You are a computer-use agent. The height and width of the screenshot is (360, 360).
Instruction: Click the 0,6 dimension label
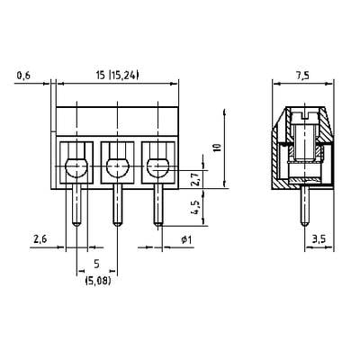pos(23,76)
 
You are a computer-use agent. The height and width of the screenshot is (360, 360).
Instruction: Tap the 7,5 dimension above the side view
pos(303,76)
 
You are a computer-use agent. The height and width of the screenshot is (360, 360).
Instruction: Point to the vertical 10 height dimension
pos(218,148)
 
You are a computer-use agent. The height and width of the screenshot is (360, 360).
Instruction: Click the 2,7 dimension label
pos(195,179)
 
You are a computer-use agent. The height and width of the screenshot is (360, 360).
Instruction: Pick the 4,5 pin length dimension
pos(195,207)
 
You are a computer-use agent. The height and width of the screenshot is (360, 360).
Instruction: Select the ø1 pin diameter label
pos(186,239)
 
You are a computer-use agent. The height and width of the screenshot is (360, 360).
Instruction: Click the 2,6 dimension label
pos(40,239)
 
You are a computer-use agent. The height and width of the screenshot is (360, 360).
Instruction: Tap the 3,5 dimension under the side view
pos(319,239)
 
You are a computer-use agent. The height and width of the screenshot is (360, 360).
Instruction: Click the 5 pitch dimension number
pos(97,264)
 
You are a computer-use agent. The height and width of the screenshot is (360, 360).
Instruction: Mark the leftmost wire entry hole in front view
pos(76,167)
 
